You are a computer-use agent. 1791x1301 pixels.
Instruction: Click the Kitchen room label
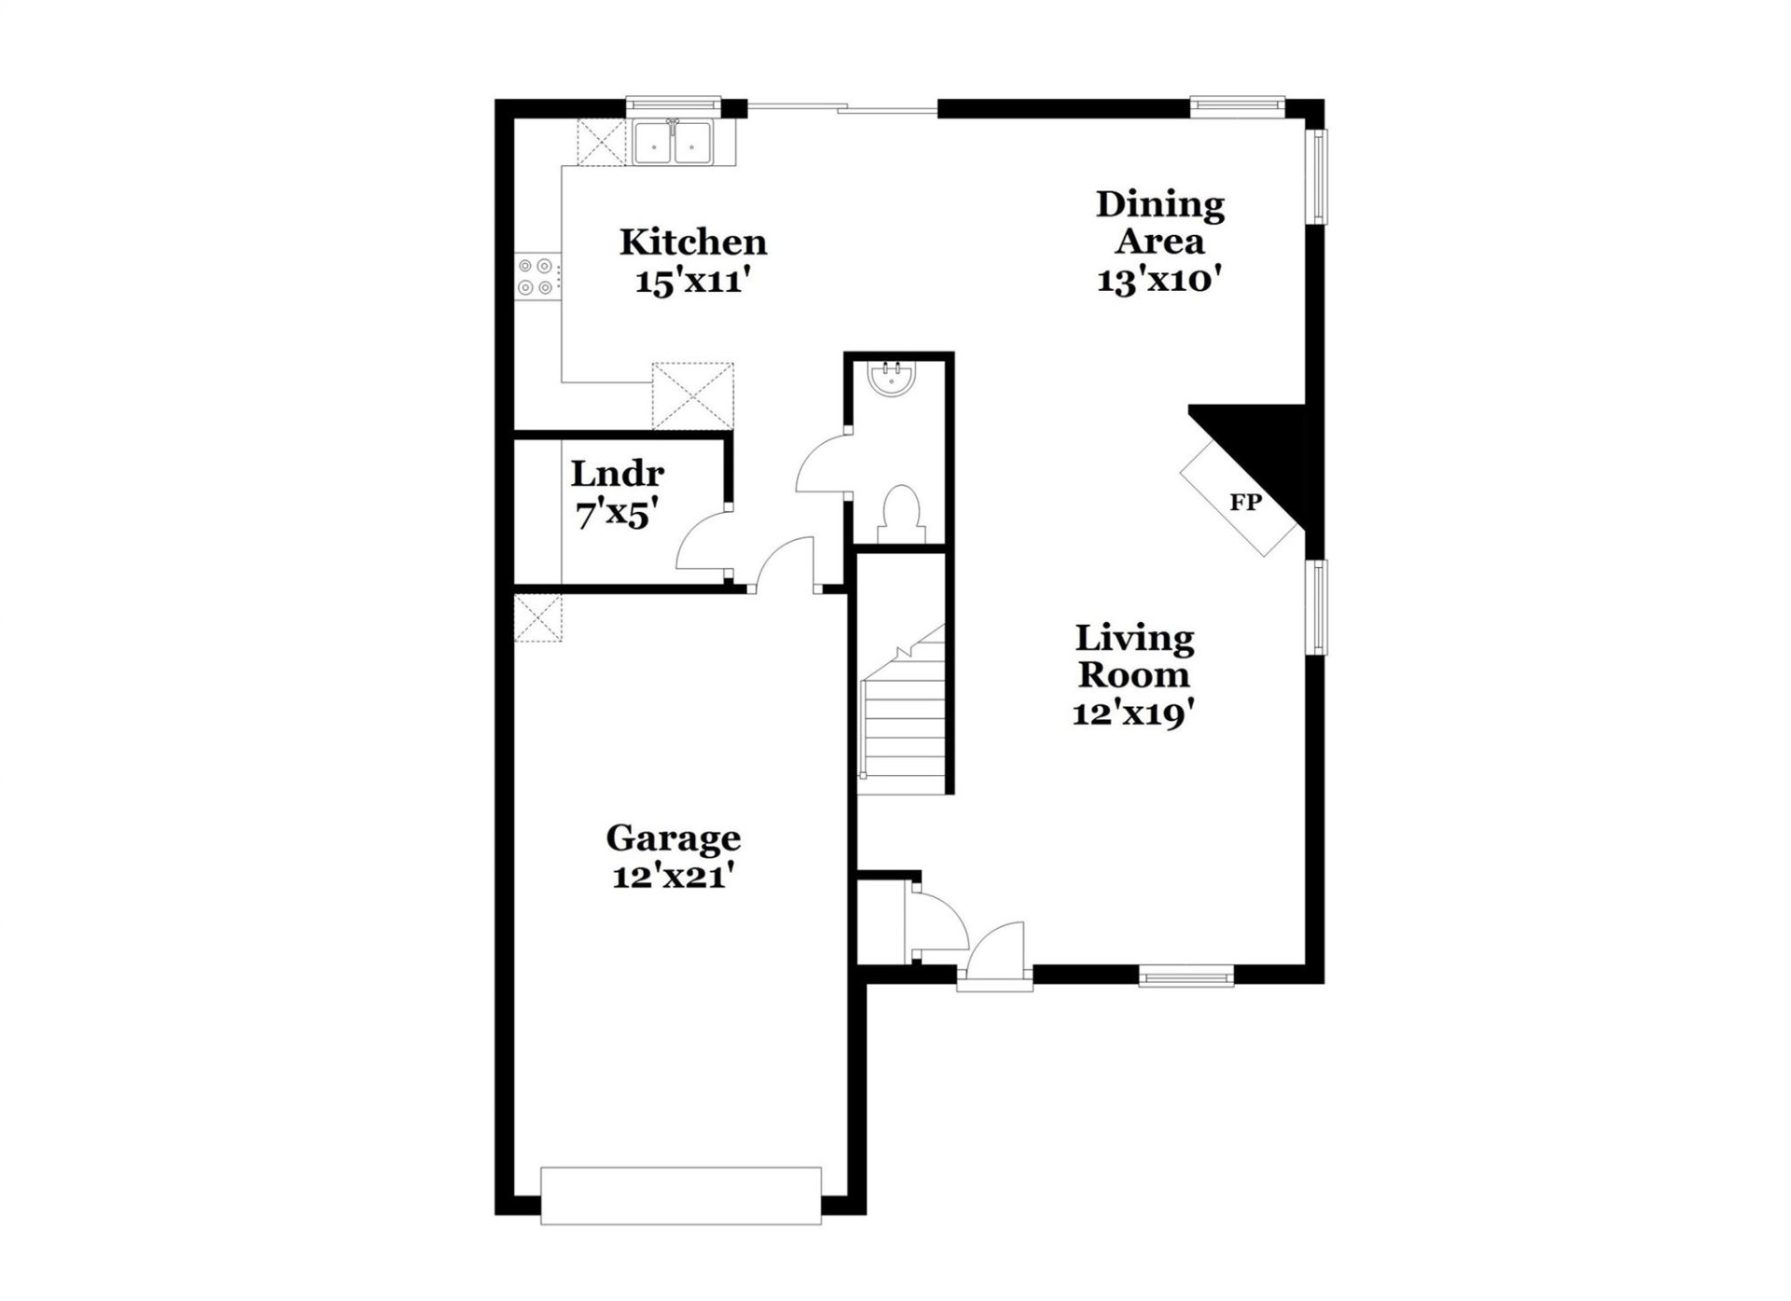(693, 242)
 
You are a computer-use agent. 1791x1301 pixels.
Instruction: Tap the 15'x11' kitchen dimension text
(693, 281)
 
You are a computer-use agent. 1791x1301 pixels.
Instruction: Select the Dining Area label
(1159, 222)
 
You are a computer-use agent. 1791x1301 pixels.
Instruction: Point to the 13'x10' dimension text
(1159, 280)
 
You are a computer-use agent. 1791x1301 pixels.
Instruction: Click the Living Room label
(1134, 657)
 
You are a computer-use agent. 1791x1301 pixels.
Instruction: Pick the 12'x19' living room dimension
(1134, 714)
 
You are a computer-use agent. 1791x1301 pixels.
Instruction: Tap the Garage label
(673, 837)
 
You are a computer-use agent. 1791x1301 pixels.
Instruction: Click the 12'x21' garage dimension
(670, 877)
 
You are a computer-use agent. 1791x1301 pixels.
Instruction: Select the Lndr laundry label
(618, 474)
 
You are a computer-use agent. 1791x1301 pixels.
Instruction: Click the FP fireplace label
(1245, 503)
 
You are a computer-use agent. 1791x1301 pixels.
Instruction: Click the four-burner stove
(538, 278)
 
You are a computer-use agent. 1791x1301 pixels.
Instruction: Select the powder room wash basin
(893, 378)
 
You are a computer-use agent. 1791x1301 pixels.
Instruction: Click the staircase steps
(903, 718)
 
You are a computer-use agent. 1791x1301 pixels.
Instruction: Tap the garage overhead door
(681, 1195)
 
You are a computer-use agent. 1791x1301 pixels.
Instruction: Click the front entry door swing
(996, 951)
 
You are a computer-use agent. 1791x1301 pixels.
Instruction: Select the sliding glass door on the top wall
(841, 110)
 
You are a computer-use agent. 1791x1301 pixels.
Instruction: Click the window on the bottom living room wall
(1187, 977)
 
